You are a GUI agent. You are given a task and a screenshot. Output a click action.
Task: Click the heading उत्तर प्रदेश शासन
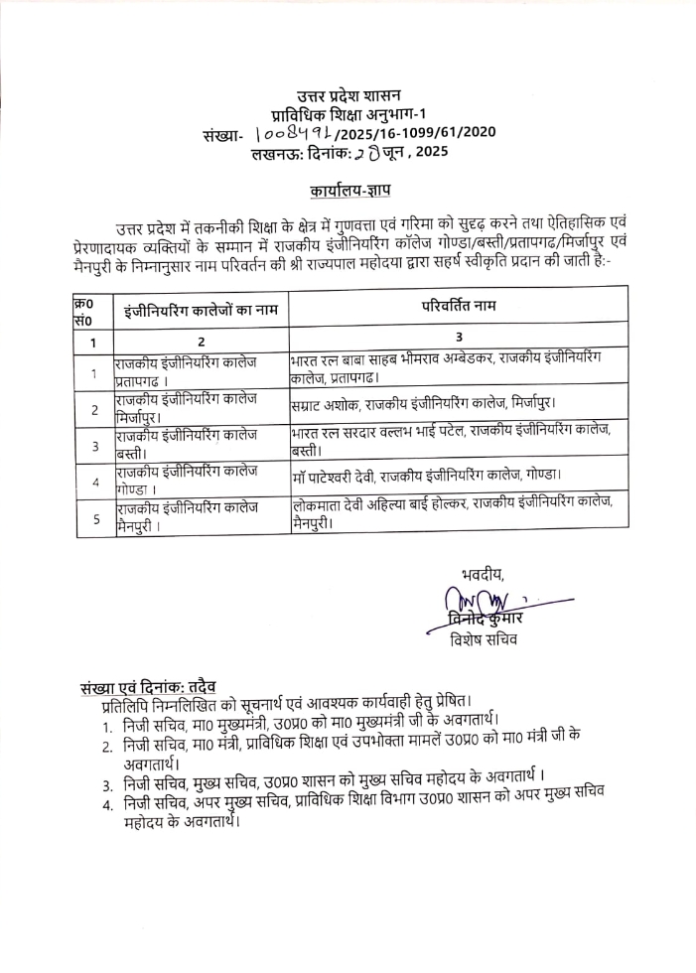click(348, 95)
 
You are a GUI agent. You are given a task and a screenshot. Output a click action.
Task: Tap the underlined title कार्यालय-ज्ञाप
click(348, 189)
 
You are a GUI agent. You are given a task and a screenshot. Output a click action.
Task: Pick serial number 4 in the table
click(94, 482)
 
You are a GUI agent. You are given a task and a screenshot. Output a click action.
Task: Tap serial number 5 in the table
click(94, 517)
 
